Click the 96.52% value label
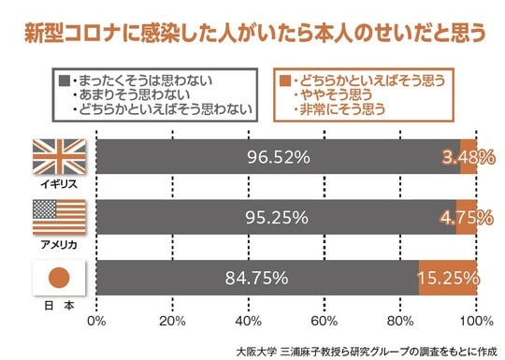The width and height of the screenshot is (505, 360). click(279, 157)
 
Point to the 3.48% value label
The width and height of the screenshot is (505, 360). click(469, 157)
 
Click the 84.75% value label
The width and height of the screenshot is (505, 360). click(256, 278)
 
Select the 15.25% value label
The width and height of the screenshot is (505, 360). click(450, 278)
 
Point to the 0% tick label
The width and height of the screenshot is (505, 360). click(95, 322)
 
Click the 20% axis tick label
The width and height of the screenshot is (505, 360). click(172, 322)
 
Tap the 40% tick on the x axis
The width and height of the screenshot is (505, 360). click(248, 322)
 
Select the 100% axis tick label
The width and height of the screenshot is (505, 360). click(476, 322)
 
